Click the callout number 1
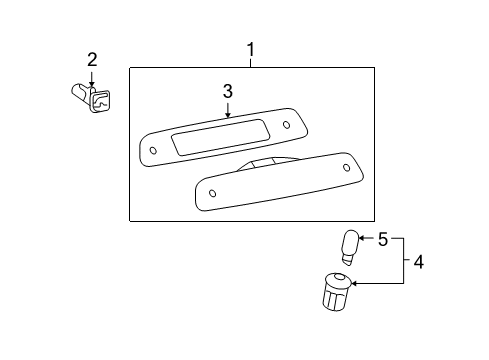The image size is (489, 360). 251,49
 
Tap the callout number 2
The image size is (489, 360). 91,60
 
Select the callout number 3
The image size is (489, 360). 227,91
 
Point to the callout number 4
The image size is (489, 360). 418,263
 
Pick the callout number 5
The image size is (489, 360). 381,239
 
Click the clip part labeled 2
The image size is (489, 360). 92,98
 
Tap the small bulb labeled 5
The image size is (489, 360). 350,244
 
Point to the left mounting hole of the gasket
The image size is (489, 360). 153,151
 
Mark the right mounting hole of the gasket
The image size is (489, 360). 287,125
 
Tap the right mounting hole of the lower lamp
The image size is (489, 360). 346,167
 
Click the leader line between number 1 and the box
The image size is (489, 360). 251,62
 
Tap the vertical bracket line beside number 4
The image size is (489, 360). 404,262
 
